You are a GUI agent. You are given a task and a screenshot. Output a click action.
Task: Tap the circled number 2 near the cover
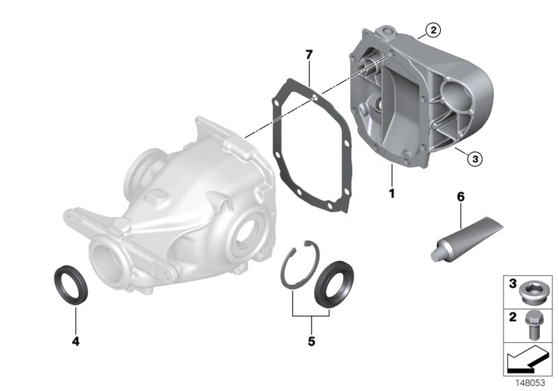433,29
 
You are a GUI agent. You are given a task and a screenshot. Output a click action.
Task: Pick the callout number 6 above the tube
460,198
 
